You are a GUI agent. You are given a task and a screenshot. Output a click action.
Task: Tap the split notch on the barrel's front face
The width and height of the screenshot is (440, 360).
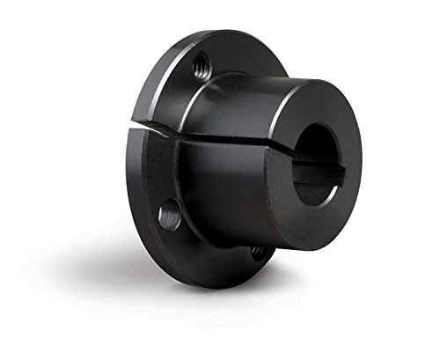(x=285, y=148)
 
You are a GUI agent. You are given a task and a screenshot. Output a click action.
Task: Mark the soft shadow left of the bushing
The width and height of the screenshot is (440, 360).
(x=88, y=255)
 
